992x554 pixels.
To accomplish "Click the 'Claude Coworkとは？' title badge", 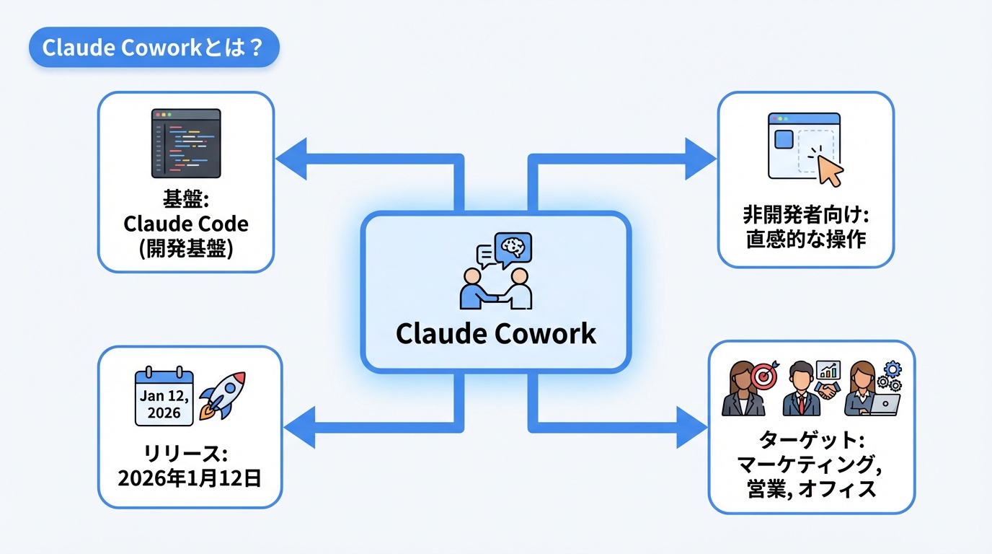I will tap(154, 48).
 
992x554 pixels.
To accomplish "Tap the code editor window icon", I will tap(186, 144).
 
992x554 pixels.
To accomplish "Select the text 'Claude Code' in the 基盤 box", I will tap(186, 224).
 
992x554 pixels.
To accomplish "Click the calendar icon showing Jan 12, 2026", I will tap(164, 397).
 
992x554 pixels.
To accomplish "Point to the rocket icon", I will tap(221, 396).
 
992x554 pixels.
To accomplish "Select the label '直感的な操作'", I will tap(805, 239).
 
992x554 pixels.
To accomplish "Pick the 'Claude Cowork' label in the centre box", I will tap(496, 333).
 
